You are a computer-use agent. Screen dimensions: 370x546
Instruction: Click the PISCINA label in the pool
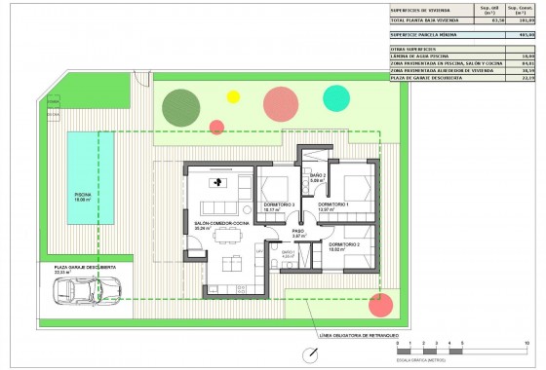85,194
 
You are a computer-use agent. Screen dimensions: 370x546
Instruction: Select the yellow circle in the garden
233,96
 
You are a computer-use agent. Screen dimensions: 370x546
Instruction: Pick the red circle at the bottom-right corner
379,304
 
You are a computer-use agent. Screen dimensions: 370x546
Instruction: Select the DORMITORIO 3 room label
279,204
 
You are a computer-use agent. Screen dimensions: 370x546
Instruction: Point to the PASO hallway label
298,232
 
